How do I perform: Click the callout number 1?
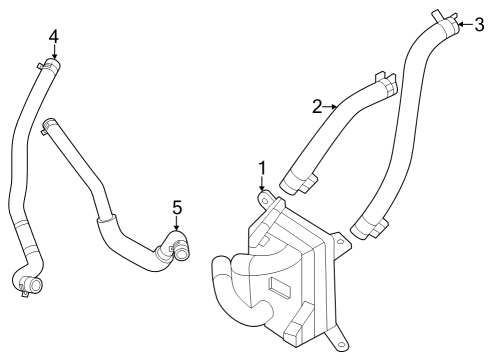click(262, 167)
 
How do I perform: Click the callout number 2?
click(317, 106)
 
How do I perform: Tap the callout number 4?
click(54, 36)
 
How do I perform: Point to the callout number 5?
click(177, 208)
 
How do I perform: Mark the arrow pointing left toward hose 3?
click(463, 25)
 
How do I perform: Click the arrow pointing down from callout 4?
click(54, 56)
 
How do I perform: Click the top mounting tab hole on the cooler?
click(265, 200)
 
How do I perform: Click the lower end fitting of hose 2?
click(299, 183)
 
